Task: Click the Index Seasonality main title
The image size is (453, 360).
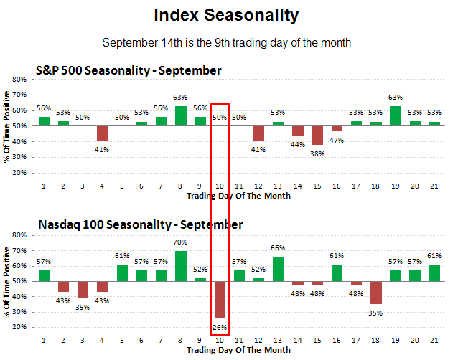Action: [226, 15]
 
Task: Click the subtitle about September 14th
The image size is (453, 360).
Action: [226, 43]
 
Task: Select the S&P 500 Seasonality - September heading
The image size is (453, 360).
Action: [129, 70]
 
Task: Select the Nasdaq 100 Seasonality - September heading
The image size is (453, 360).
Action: [140, 225]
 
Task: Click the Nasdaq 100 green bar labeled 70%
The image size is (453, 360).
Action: [181, 266]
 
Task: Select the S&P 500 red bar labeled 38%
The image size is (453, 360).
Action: [317, 135]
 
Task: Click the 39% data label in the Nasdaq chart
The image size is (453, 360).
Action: [83, 307]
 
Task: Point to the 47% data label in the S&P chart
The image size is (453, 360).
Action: [337, 141]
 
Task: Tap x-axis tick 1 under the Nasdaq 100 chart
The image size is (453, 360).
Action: [45, 341]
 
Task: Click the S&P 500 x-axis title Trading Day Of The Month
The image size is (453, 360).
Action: [238, 195]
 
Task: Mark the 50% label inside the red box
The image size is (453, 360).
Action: [220, 117]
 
